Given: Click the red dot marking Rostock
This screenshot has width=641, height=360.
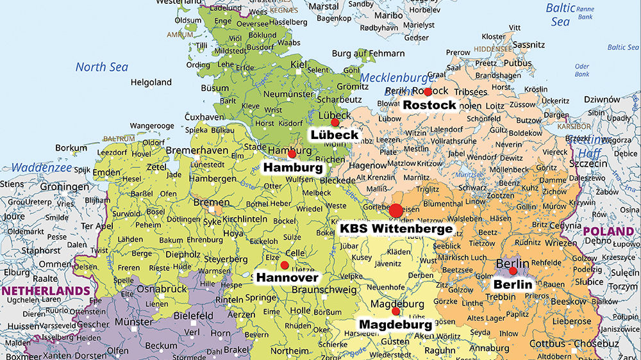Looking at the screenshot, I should [428, 92].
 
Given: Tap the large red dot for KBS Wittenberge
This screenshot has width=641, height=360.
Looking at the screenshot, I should [396, 210].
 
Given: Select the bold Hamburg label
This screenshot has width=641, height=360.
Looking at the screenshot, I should [293, 167].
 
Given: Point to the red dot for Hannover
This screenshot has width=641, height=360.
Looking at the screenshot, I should [285, 265].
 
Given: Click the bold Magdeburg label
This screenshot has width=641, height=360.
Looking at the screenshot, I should [395, 325].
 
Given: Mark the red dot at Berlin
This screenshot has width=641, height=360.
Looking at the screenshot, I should [513, 271].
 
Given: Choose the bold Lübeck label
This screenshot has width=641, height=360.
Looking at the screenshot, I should [334, 135].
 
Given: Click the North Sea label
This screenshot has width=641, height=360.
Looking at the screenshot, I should [102, 67].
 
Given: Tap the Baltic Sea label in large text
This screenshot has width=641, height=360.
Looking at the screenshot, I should [558, 14].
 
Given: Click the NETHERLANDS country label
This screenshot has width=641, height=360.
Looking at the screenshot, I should [46, 290].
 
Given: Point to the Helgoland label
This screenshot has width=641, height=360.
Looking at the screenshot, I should [151, 82].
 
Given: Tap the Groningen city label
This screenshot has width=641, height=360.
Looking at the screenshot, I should [65, 187].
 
